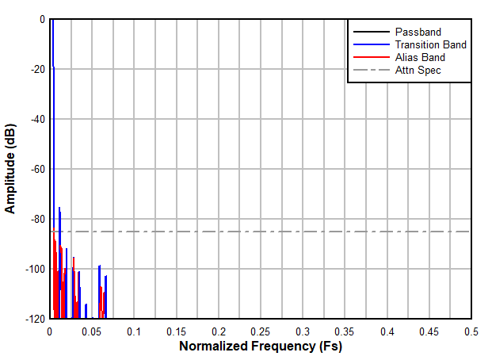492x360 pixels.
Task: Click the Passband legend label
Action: click(418, 32)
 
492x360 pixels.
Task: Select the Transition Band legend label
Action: click(430, 44)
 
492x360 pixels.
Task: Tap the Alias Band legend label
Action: click(420, 57)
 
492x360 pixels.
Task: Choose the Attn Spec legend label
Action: click(418, 70)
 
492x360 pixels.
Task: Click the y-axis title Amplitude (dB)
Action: click(10, 168)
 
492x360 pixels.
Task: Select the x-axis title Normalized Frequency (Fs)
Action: click(260, 347)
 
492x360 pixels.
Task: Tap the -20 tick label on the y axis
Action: click(36, 69)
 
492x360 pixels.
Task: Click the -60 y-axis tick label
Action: click(36, 169)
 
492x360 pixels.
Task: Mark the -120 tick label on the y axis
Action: click(33, 319)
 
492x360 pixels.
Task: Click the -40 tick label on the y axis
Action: click(36, 119)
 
